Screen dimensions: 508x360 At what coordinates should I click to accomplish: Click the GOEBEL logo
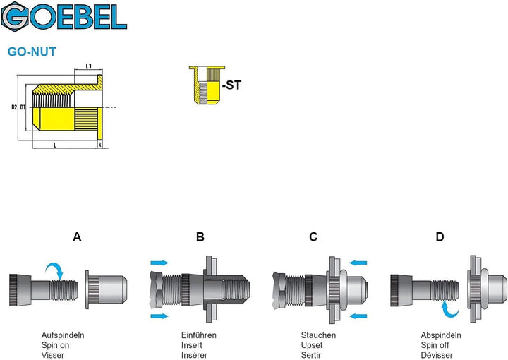point(64,16)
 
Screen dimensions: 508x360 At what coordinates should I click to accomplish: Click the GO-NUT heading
point(32,52)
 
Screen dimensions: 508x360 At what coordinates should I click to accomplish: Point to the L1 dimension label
point(89,66)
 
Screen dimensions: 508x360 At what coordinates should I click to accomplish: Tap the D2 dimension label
point(14,107)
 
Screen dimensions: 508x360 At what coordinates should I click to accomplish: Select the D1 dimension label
point(23,107)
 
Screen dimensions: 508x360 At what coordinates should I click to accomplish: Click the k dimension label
point(99,145)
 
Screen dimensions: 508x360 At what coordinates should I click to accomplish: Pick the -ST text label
point(232,85)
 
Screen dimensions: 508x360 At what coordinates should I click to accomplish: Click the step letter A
point(77,237)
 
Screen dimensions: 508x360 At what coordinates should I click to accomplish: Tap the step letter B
point(200,237)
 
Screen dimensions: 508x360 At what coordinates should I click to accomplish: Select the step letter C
point(313,237)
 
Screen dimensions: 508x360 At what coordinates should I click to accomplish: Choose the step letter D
point(440,237)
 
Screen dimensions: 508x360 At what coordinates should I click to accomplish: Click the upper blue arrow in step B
point(159,263)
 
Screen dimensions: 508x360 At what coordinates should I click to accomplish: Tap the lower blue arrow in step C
point(358,316)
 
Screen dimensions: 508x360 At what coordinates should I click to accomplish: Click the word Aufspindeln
point(63,335)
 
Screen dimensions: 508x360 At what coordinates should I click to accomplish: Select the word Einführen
point(198,335)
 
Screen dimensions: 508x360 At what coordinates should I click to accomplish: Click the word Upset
point(312,345)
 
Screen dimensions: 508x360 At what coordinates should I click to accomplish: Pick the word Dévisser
point(437,355)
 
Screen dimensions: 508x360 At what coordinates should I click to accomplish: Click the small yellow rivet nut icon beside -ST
point(207,85)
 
